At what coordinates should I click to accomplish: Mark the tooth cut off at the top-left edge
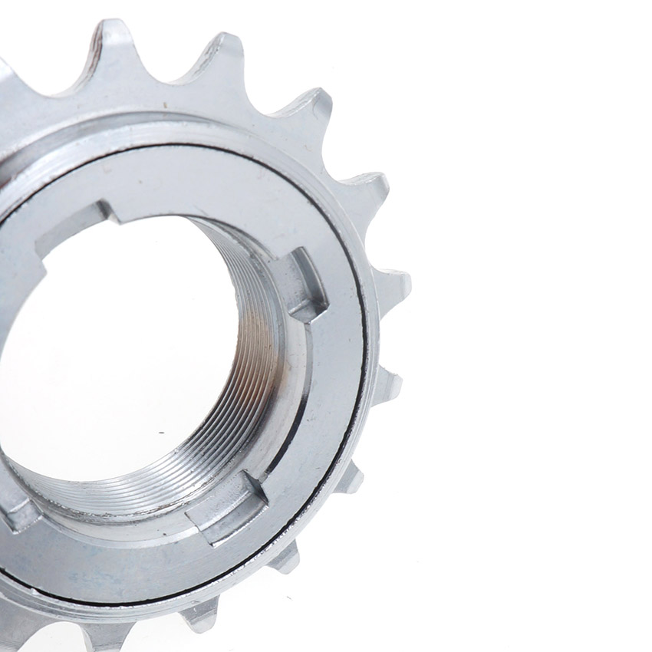click(6, 73)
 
